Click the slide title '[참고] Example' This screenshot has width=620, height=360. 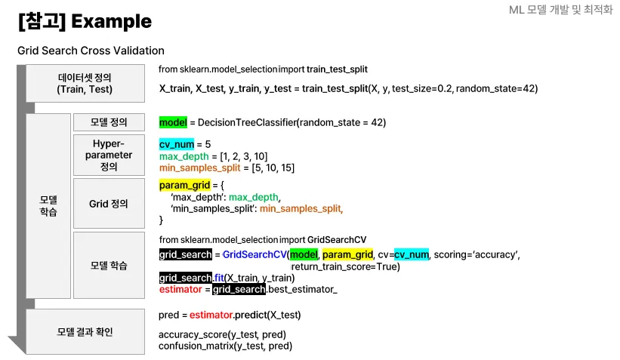[x=85, y=22]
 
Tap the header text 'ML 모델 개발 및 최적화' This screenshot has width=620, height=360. [x=561, y=11]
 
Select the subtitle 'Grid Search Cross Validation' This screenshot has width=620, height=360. [x=91, y=51]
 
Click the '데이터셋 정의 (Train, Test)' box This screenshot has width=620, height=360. [x=85, y=83]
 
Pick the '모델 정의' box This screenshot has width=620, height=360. [x=109, y=122]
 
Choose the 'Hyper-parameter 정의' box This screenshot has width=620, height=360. [x=109, y=155]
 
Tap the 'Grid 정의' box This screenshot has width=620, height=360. [x=109, y=203]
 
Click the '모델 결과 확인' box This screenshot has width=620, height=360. [x=85, y=331]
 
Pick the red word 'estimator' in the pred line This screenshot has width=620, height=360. [x=211, y=314]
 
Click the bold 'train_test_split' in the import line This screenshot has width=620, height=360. [x=337, y=69]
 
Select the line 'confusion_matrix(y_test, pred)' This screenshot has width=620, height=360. [x=225, y=346]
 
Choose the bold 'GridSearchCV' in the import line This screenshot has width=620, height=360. [x=337, y=239]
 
